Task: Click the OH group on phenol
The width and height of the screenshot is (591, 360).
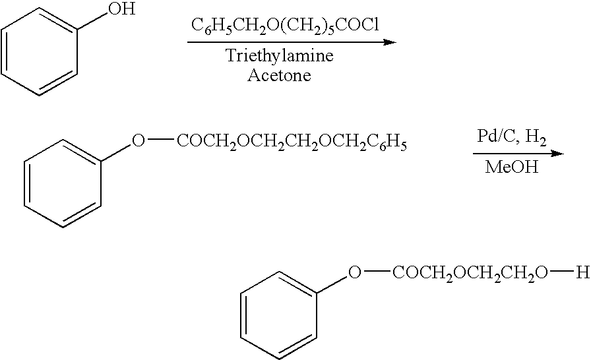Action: pyautogui.click(x=122, y=9)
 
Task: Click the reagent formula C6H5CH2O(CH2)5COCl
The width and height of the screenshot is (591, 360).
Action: pyautogui.click(x=285, y=26)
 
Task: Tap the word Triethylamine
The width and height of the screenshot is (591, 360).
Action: pyautogui.click(x=279, y=56)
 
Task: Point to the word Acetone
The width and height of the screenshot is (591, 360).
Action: pyautogui.click(x=279, y=75)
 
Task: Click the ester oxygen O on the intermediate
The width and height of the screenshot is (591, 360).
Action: pyautogui.click(x=139, y=141)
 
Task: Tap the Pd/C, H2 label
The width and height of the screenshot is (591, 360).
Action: pyautogui.click(x=511, y=137)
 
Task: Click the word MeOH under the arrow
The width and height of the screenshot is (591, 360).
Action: pyautogui.click(x=511, y=167)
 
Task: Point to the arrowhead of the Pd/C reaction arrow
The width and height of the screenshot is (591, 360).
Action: pyautogui.click(x=557, y=154)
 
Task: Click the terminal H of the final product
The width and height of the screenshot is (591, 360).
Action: pyautogui.click(x=582, y=272)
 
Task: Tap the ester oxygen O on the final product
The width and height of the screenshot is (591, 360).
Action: pyautogui.click(x=354, y=272)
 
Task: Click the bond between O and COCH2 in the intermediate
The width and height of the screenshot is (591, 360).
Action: pyautogui.click(x=160, y=141)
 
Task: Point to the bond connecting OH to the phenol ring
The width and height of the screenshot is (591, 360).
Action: pyautogui.click(x=92, y=22)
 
